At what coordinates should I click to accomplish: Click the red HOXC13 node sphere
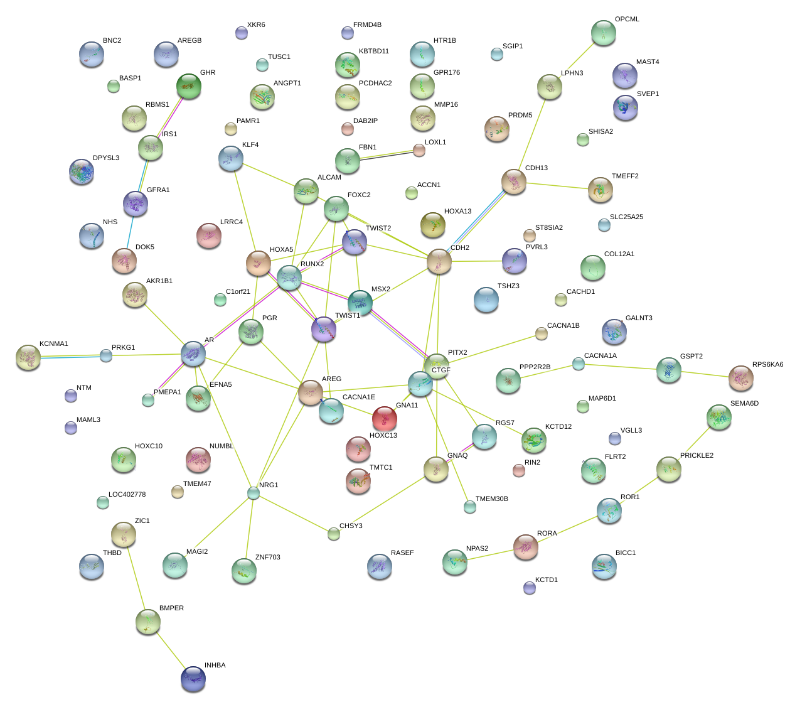pos(384,419)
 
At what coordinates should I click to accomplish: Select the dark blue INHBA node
pos(193,679)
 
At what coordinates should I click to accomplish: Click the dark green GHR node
pos(188,86)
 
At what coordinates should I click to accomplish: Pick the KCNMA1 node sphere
pos(28,357)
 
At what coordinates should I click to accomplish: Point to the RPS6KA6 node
pos(741,378)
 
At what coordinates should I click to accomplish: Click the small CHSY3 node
pos(333,534)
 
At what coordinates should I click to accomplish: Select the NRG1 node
pos(253,494)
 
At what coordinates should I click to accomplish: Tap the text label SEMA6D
pos(744,403)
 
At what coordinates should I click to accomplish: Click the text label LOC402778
pos(127,494)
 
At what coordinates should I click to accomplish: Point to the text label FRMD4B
pos(367,25)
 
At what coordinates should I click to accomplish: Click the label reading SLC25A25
pos(626,217)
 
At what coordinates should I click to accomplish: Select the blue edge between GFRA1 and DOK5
pos(129,232)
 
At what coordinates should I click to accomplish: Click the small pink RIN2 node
pos(518,470)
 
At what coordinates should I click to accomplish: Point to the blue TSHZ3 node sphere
pos(486,300)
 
